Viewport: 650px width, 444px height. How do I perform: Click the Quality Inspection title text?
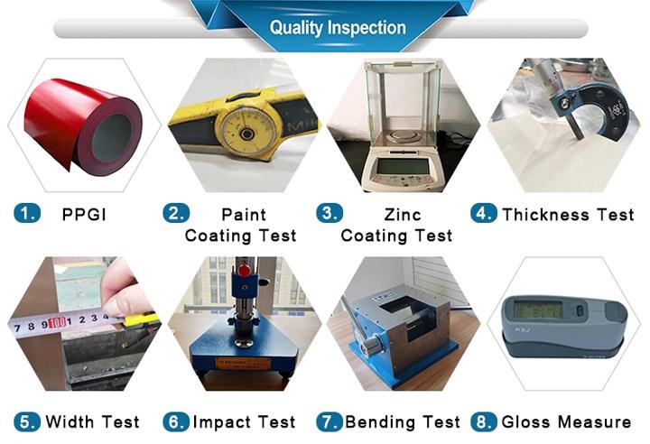(338, 28)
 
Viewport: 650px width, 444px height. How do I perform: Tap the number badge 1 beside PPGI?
(27, 214)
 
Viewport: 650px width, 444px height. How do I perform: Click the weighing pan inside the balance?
(401, 134)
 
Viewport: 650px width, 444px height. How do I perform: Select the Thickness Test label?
(568, 215)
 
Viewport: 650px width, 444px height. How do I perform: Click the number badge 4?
(483, 214)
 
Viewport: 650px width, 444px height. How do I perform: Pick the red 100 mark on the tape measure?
(57, 323)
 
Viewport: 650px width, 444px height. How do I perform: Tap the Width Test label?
(92, 422)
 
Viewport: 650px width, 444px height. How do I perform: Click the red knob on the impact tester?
(244, 271)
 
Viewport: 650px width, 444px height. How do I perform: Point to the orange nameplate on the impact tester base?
(243, 364)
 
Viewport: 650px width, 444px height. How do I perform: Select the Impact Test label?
(244, 422)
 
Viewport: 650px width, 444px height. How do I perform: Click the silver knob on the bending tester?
(371, 344)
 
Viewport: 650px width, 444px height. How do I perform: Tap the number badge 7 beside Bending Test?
(330, 422)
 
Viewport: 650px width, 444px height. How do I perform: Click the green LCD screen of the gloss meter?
(538, 310)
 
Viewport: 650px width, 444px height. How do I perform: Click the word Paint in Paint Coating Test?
(244, 215)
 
